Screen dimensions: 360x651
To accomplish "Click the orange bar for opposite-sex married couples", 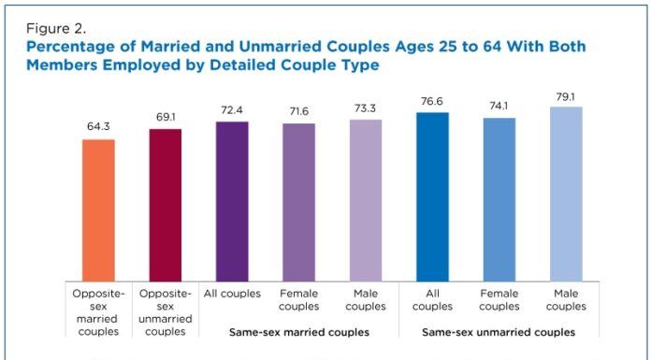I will (x=98, y=209).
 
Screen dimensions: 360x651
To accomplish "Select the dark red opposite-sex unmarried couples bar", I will (x=166, y=204).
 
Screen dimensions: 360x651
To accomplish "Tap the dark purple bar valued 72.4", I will (x=232, y=200).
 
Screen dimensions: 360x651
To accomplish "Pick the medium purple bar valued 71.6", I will (x=298, y=201).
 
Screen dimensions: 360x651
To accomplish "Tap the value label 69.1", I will (x=166, y=117).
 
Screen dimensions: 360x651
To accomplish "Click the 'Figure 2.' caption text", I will (x=55, y=28).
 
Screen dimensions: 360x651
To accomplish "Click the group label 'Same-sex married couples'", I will (x=298, y=332).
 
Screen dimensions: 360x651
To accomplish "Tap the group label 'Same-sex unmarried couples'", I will (x=499, y=332).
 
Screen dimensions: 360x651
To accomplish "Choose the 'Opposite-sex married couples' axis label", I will (x=98, y=312).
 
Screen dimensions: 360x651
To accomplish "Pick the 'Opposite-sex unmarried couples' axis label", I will (x=166, y=312).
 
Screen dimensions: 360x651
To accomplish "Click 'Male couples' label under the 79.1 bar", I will (x=566, y=300).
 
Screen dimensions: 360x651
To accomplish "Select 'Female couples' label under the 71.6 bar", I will (x=298, y=300).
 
